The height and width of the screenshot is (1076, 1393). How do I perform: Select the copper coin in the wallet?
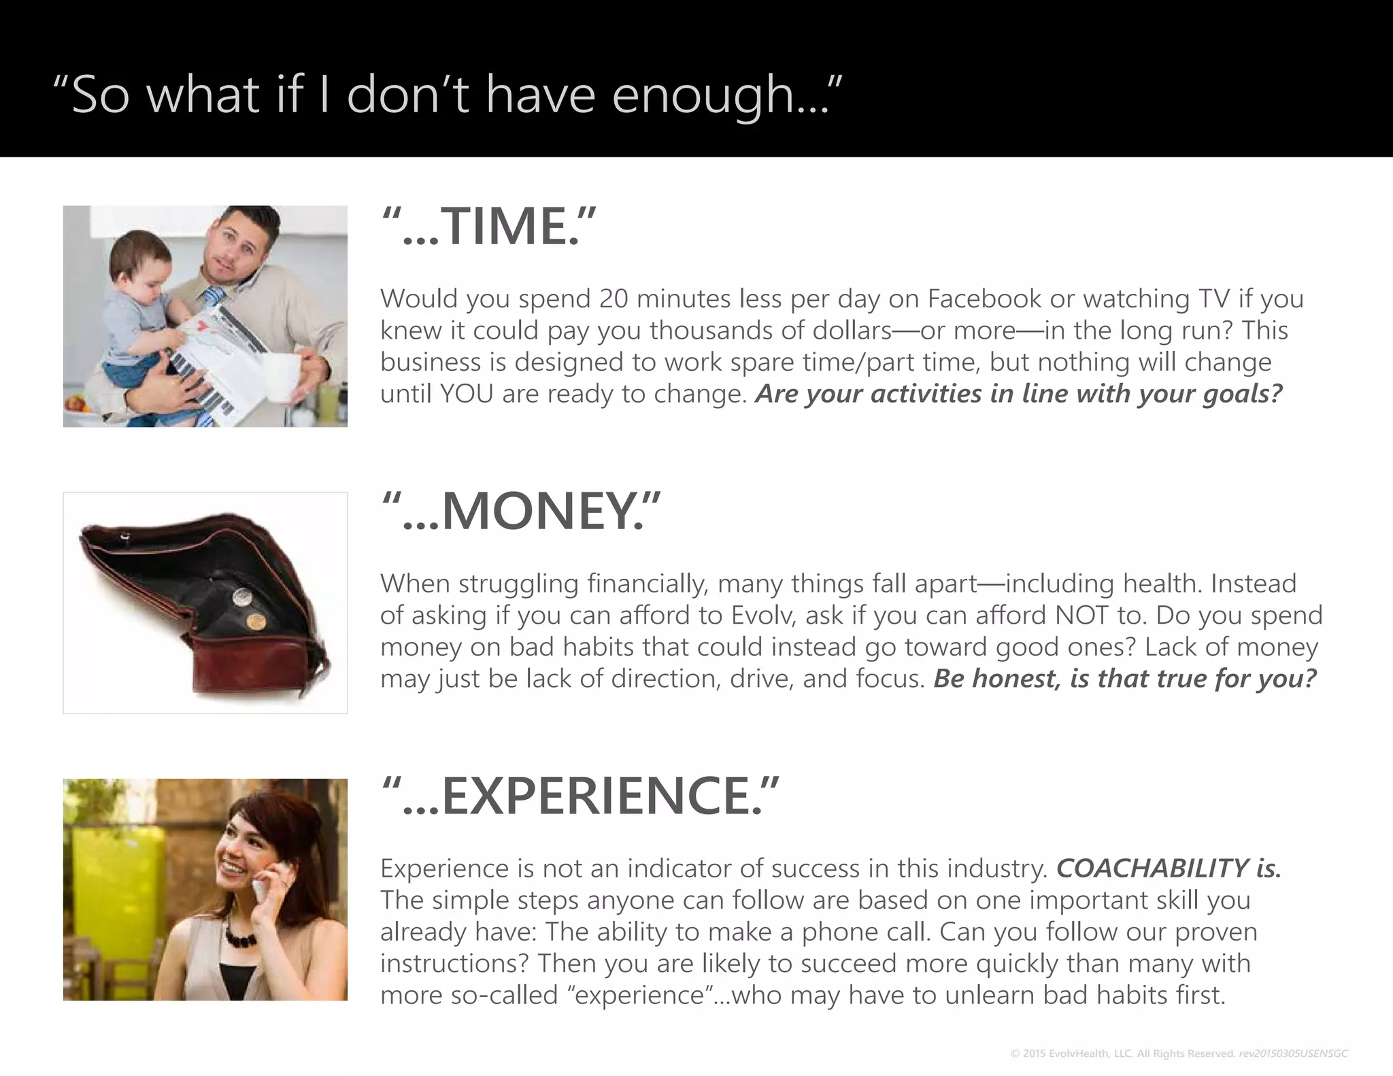pos(255,620)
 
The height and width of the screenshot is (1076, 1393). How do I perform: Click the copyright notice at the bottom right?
pos(1179,1054)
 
